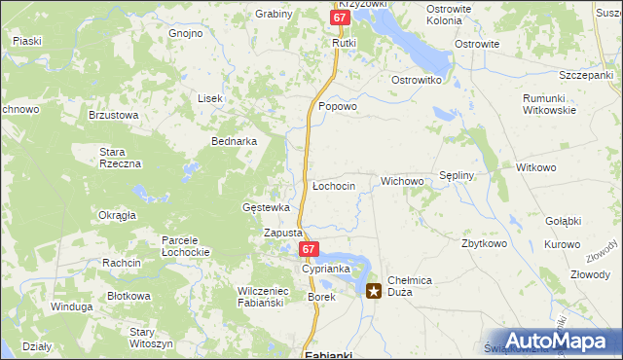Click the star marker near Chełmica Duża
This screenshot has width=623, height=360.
pyautogui.click(x=374, y=290)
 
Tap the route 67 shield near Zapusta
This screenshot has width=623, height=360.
pyautogui.click(x=309, y=250)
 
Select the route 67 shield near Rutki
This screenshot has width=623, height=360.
pyautogui.click(x=338, y=18)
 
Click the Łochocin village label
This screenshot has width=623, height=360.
pyautogui.click(x=333, y=185)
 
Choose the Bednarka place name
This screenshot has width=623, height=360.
pyautogui.click(x=235, y=140)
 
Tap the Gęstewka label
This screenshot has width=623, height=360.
pyautogui.click(x=267, y=207)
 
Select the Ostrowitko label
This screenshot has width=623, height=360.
pyautogui.click(x=418, y=79)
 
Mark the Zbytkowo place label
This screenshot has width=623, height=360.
pyautogui.click(x=485, y=243)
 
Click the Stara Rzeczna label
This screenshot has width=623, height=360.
pyautogui.click(x=121, y=158)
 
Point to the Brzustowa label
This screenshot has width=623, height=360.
pyautogui.click(x=114, y=114)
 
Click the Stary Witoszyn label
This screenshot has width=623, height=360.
pyautogui.click(x=151, y=338)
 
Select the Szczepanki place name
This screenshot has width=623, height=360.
pyautogui.click(x=586, y=75)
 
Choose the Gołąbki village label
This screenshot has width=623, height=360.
pyautogui.click(x=564, y=221)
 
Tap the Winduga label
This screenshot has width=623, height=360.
pyautogui.click(x=71, y=306)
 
